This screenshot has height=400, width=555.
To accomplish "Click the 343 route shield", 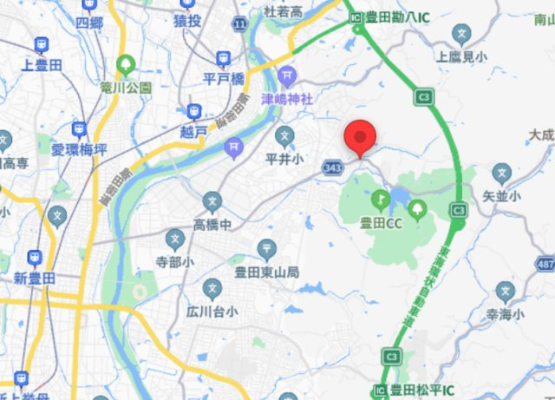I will click(x=330, y=165).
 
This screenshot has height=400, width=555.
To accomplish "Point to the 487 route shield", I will click(x=545, y=264).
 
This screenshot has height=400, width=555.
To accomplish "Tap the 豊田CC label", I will click(x=382, y=223).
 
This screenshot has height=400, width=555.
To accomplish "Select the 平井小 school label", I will click(x=284, y=159).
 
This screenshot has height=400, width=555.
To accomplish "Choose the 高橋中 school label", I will click(x=212, y=224).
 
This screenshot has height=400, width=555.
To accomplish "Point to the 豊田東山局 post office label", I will click(x=267, y=272).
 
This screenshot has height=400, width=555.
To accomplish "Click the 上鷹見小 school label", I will click(x=462, y=57).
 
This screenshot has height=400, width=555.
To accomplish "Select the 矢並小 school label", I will click(x=501, y=196).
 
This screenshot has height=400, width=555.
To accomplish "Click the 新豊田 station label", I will click(x=35, y=278).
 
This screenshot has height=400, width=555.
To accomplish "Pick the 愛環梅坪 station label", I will click(x=78, y=149).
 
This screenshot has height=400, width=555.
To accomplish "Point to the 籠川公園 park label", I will click(x=126, y=87).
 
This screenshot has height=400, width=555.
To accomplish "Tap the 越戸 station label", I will click(x=195, y=131).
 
